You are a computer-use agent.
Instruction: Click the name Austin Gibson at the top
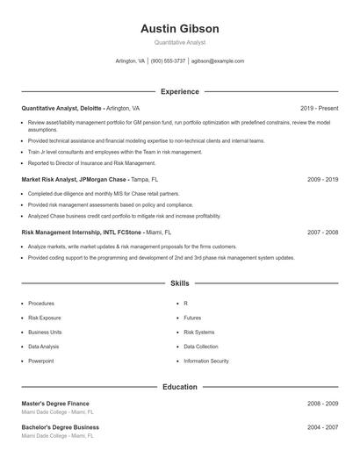pos(179,29)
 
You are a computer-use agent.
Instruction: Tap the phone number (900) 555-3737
pos(168,61)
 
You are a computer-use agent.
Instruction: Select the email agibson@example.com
pos(217,61)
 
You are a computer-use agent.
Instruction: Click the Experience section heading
pos(179,91)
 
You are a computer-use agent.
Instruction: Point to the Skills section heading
pos(179,283)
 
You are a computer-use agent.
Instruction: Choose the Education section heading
pos(179,386)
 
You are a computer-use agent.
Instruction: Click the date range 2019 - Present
pos(319,108)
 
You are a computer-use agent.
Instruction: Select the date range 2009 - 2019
pos(322,179)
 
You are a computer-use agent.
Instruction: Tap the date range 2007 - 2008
pos(322,232)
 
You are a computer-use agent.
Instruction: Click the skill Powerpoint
pos(40,361)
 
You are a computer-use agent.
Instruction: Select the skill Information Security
pos(205,361)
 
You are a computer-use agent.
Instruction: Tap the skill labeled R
pos(185,304)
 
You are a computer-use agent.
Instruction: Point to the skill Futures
pos(192,318)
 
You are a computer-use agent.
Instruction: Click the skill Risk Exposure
pos(44,318)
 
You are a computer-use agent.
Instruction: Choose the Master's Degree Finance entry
pos(55,404)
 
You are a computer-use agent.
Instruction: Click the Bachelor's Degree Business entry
pos(60,427)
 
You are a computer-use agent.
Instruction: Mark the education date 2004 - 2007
pos(322,427)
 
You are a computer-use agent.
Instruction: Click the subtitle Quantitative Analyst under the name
pos(179,42)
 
